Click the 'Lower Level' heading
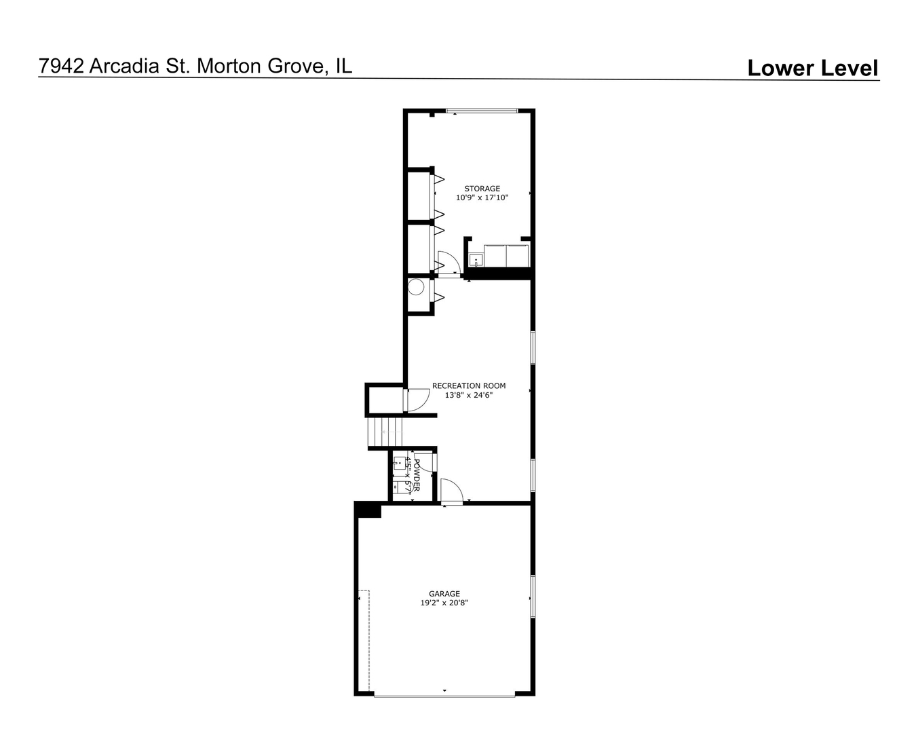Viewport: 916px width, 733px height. coord(812,68)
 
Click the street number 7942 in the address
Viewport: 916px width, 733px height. coord(62,66)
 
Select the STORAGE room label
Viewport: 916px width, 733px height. coord(482,189)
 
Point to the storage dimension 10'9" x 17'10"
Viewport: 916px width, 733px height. coord(482,198)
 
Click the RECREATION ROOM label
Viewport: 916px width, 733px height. coord(469,386)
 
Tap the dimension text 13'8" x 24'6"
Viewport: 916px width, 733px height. coord(469,395)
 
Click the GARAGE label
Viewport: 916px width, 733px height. coord(444,594)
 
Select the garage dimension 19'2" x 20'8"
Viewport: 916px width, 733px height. coord(444,603)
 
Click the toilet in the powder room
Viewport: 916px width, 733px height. coord(400,487)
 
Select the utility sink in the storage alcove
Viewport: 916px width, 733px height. coord(476,259)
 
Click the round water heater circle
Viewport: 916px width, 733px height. coord(416,288)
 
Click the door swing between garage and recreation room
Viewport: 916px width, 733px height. coord(451,491)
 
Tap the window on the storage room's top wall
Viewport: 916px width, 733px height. coord(482,111)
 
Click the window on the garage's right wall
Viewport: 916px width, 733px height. coord(533,597)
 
